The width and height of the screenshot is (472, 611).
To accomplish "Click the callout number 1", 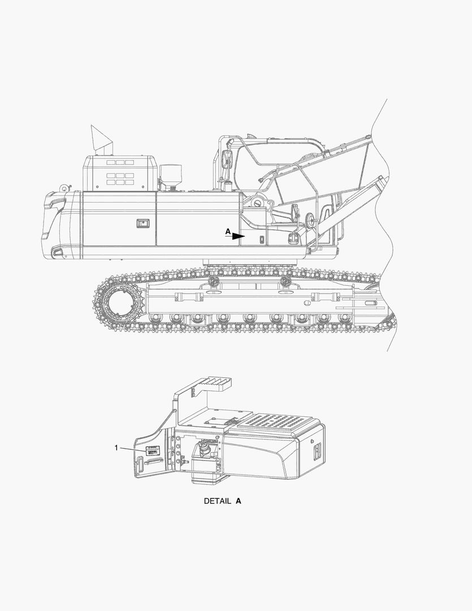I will (x=116, y=448).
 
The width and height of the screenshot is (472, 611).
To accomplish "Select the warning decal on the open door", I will (x=152, y=451).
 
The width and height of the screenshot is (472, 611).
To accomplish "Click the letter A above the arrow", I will (x=228, y=231).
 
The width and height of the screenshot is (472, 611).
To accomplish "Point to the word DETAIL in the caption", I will (x=217, y=501).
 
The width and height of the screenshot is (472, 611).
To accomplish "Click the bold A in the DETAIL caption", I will (x=239, y=501).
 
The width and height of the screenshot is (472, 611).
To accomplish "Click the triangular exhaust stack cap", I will (x=102, y=138).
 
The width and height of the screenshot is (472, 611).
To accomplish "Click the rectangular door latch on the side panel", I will (x=141, y=223).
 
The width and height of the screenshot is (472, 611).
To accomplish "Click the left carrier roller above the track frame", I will (x=213, y=281).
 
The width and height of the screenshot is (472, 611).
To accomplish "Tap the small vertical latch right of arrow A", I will (x=262, y=240).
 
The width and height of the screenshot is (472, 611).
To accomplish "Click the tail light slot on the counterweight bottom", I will (x=58, y=252).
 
